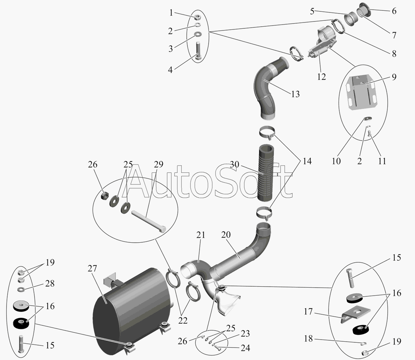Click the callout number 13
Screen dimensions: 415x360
295,94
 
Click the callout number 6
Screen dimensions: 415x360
394,11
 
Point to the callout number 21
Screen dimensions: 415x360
201,235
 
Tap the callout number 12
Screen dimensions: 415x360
321,76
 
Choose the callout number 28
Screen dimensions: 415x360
50,283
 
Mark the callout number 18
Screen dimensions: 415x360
308,338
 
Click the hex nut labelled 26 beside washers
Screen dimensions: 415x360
103,196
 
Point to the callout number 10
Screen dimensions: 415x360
336,161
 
